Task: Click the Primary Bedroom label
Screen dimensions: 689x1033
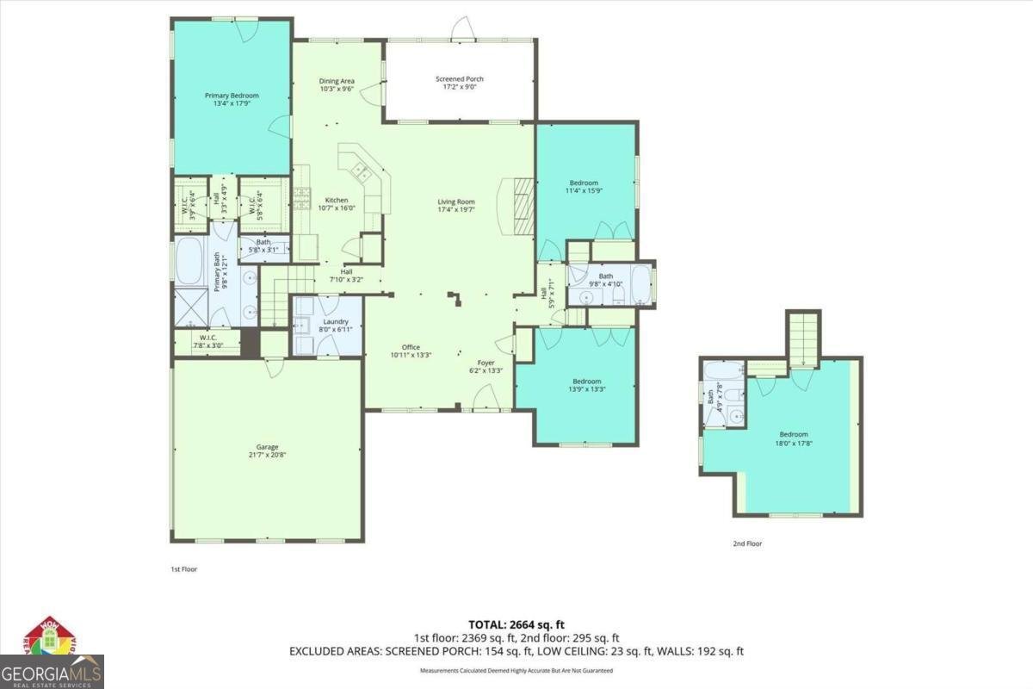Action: [231, 96]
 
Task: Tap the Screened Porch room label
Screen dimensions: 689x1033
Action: [458, 78]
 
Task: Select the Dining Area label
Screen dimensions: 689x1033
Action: [337, 81]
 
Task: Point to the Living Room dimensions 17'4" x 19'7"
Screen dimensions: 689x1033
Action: [455, 209]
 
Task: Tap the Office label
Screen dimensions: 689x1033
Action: [411, 347]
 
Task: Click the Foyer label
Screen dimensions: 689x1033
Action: [486, 363]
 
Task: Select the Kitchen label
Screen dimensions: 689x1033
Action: [336, 200]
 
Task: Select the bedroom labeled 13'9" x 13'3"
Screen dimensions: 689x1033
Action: [586, 382]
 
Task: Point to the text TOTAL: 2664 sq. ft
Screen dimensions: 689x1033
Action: [516, 624]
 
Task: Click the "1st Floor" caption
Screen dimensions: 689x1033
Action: [182, 569]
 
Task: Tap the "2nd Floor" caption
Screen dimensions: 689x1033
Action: [747, 543]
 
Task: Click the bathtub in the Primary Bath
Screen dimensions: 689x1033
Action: [189, 261]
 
